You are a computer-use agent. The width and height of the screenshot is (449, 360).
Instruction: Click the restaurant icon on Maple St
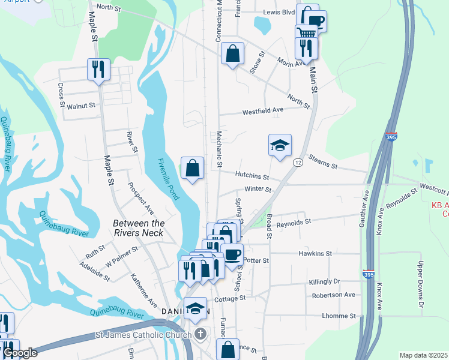(97, 69)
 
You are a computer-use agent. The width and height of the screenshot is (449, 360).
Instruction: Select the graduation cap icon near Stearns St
(280, 145)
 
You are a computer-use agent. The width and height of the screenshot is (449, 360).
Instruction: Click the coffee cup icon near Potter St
(232, 254)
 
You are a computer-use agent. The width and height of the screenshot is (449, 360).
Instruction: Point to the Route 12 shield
(298, 163)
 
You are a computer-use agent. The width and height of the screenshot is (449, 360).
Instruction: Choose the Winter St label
(258, 190)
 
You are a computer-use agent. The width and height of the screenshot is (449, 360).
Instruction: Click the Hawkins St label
(315, 254)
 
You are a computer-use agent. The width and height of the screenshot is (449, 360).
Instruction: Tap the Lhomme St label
(339, 316)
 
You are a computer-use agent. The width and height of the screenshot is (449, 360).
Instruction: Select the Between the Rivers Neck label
(139, 228)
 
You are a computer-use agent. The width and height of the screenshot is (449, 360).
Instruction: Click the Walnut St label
(81, 106)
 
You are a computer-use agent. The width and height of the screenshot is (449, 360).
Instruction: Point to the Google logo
(20, 353)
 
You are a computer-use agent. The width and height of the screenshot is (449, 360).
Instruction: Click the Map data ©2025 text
(423, 355)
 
